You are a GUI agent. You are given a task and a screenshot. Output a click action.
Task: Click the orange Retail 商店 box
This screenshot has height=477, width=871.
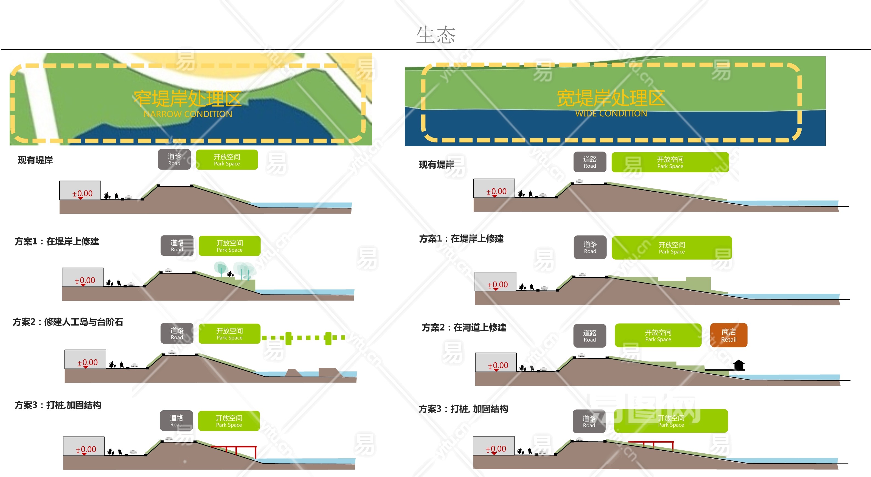(x=728, y=335)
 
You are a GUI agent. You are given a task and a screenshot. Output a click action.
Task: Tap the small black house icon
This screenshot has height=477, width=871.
(x=739, y=365)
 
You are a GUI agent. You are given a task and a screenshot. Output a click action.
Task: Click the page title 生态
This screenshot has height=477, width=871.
(x=435, y=35)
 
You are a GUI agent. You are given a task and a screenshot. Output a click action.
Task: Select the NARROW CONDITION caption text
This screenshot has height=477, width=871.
(x=188, y=114)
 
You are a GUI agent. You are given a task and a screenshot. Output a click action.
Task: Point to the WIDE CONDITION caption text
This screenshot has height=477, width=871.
(x=611, y=114)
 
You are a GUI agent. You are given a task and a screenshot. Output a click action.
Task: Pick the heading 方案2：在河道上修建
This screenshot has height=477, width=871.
(x=464, y=327)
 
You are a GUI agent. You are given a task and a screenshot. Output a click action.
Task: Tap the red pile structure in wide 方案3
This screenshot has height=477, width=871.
(x=651, y=444)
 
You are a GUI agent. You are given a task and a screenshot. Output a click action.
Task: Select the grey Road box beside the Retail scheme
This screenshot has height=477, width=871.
(x=590, y=336)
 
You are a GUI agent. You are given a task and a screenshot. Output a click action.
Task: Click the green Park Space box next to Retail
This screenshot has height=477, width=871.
(x=658, y=335)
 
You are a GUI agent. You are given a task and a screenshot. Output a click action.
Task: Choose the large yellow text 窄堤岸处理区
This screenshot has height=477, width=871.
(x=188, y=99)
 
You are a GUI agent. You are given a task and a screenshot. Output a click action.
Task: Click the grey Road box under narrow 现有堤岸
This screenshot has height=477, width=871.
(x=174, y=159)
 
